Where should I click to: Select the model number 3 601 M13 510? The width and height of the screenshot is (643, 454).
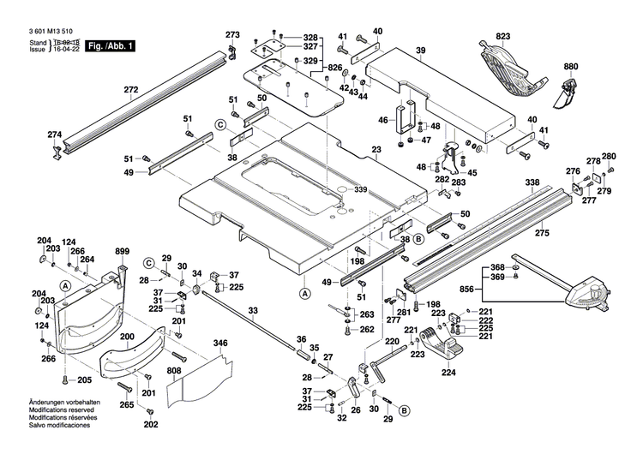41,31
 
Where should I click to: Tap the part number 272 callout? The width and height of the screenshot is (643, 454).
130,89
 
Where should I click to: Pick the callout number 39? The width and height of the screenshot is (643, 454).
420,52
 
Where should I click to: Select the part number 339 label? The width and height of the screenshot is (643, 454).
360,189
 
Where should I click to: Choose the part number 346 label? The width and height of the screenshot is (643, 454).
220,343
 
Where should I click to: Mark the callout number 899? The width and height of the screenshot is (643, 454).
122,250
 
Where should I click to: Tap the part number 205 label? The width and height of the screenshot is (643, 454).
84,380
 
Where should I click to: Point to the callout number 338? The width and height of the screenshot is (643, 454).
532,182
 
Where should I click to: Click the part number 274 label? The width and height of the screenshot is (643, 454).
55,134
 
